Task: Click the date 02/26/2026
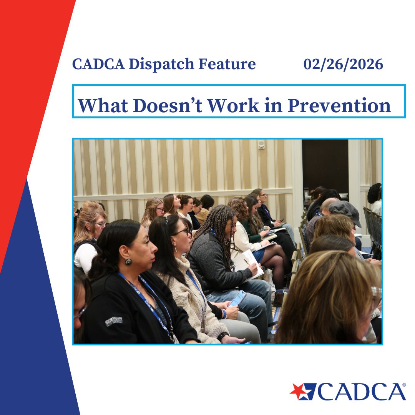click(343, 65)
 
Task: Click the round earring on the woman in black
click(128, 262)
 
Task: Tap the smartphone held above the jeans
click(237, 298)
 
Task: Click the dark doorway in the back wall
click(325, 165)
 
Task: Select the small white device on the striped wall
click(261, 144)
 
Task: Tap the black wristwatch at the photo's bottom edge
click(222, 337)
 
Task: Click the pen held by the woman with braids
click(246, 262)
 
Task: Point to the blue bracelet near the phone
click(224, 314)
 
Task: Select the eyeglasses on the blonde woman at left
click(101, 224)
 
